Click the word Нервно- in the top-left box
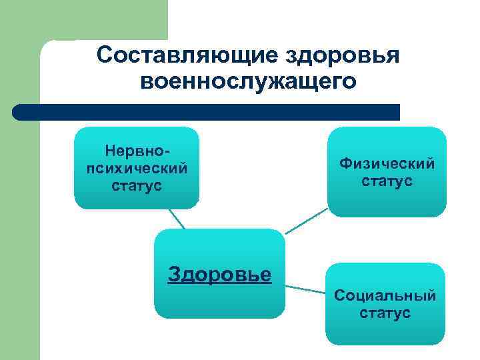[x=137, y=151]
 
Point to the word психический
[x=137, y=167]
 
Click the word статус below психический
[x=137, y=185]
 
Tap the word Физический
[x=387, y=163]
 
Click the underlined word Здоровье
[x=219, y=274]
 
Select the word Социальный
[x=385, y=295]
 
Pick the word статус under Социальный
[x=385, y=313]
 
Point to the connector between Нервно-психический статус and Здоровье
[x=177, y=219]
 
